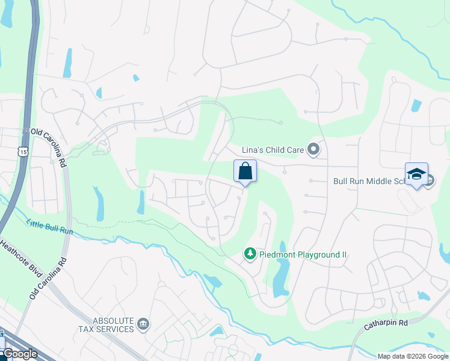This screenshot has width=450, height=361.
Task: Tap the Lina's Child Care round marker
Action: coord(313,149)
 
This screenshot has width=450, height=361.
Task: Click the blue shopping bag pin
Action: coord(245,171)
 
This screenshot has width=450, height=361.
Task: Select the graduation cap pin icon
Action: coord(416,174)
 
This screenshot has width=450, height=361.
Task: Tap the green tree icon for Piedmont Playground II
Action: coord(250,255)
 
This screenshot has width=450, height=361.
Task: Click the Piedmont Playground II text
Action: coord(303,255)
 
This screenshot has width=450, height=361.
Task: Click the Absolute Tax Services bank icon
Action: coord(143,325)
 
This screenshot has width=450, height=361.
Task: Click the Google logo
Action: coord(20,353)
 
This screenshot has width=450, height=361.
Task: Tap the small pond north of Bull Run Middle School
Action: coord(416,105)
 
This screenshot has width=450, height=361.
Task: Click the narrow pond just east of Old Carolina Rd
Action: coord(98,205)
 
